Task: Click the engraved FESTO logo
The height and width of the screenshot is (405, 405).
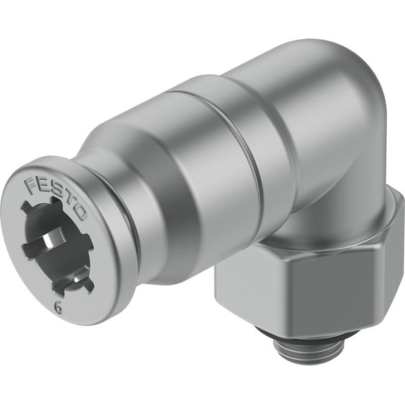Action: [x=56, y=198]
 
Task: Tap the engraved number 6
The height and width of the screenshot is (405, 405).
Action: [x=59, y=308]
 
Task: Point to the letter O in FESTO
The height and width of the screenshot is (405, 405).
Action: [x=80, y=213]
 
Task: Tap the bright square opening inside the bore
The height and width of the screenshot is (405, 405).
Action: [x=48, y=242]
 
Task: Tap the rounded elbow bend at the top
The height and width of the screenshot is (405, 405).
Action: [x=344, y=85]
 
